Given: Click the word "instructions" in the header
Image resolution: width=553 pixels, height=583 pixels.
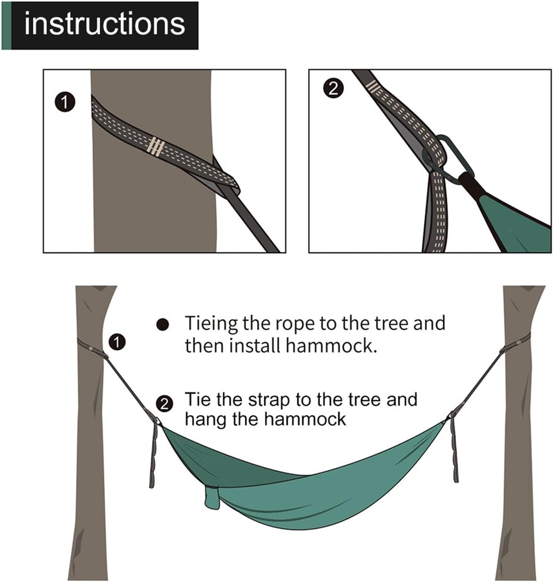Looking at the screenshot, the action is coord(105,25).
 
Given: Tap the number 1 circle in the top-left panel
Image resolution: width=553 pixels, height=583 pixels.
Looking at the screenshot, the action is coord(65,102).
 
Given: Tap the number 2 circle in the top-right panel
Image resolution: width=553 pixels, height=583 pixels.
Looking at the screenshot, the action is coord(333,89).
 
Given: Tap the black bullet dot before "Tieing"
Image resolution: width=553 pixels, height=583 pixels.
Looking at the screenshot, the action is coord(163,325).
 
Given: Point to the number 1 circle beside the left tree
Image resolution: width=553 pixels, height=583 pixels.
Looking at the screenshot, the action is coord(117,342).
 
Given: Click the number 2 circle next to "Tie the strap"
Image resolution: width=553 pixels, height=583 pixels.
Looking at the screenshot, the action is coord(164,404).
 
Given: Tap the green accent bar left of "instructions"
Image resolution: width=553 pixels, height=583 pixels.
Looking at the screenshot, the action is coord(6,25).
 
